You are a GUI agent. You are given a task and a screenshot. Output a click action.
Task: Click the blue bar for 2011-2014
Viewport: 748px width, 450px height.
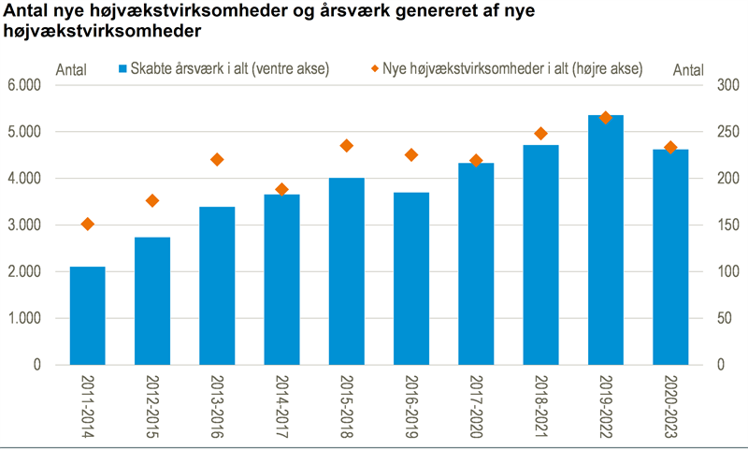(87, 315)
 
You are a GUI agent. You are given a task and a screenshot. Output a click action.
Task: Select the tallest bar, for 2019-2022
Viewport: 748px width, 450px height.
(606, 240)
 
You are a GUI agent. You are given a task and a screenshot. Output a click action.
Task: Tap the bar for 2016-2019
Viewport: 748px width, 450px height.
(411, 278)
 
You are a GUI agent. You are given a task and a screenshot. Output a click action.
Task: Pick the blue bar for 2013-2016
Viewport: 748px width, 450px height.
(217, 285)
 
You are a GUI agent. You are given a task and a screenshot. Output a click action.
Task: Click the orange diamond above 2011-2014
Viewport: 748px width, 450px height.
(88, 225)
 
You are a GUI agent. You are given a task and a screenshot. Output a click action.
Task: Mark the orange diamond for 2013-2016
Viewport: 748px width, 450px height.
(217, 160)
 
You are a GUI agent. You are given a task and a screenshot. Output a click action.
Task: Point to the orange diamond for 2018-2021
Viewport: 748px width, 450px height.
(541, 134)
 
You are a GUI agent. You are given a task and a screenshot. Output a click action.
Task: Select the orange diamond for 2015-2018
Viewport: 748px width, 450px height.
(347, 146)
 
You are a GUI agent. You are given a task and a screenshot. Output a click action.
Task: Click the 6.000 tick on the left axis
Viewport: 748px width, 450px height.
(25, 85)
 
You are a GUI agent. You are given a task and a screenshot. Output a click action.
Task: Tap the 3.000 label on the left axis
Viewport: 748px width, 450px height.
(25, 225)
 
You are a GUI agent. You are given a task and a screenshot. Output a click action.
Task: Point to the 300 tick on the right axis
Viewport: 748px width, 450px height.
(718, 85)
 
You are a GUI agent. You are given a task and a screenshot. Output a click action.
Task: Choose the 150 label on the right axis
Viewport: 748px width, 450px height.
(718, 225)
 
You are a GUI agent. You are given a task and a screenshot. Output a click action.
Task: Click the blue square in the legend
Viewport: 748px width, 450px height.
(122, 68)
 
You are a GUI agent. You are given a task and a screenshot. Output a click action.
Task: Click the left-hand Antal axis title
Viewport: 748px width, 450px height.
(73, 69)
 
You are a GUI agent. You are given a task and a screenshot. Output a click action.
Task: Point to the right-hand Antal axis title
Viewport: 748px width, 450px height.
(688, 69)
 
